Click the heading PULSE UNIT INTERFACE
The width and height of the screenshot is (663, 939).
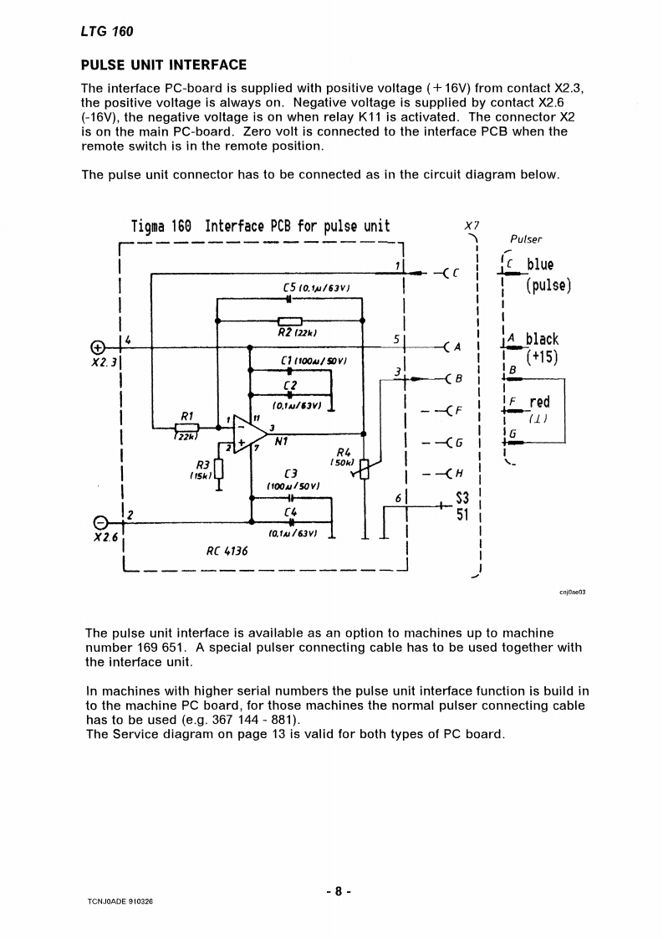(x=163, y=64)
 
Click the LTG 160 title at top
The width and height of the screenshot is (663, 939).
(x=107, y=32)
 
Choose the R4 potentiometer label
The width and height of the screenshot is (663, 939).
(x=343, y=451)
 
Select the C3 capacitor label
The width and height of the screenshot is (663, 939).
(x=291, y=474)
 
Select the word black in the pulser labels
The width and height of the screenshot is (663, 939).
(x=542, y=339)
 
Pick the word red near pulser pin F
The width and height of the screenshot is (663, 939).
(x=539, y=403)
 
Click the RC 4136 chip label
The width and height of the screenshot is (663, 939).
(x=226, y=552)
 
